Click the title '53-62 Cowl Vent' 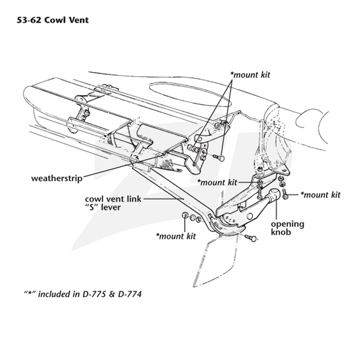[x=53, y=20]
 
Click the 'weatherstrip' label [x=57, y=178]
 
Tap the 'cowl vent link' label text [x=113, y=199]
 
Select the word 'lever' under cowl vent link [x=111, y=207]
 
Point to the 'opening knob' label [x=288, y=228]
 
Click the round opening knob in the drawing [x=274, y=194]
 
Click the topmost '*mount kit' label [x=250, y=75]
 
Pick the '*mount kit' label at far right [x=320, y=195]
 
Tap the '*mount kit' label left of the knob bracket [x=217, y=183]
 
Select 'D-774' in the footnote [x=130, y=294]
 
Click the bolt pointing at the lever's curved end [x=251, y=238]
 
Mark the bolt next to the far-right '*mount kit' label [x=285, y=194]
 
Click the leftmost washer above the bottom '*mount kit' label [x=185, y=216]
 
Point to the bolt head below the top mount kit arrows [x=221, y=158]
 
